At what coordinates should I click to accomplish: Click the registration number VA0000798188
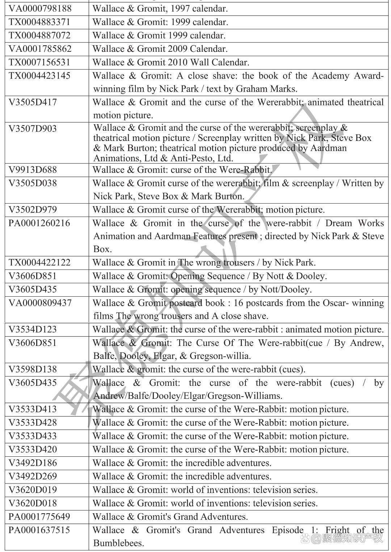[x=40, y=8]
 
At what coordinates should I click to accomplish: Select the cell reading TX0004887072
[x=39, y=35]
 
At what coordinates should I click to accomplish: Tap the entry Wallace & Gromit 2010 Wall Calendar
[x=171, y=62]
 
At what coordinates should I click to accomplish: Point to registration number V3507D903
[x=33, y=129]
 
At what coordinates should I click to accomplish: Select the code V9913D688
[x=33, y=170]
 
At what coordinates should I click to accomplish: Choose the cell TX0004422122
[x=39, y=263]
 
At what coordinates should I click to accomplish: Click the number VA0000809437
[x=40, y=303]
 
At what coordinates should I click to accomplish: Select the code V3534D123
[x=33, y=330]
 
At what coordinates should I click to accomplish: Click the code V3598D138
[x=33, y=369]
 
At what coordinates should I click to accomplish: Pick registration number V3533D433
[x=33, y=436]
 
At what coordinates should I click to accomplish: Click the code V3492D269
[x=33, y=476]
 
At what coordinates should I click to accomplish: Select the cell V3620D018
[x=33, y=503]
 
